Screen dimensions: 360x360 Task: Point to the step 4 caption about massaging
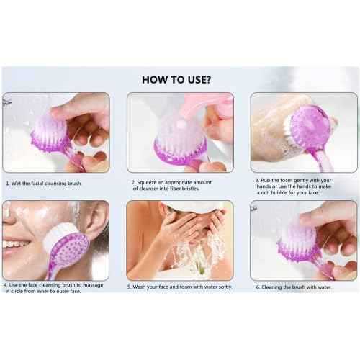(52, 288)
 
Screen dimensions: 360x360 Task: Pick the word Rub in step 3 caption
(265, 180)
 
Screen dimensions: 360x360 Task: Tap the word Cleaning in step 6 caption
(272, 287)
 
